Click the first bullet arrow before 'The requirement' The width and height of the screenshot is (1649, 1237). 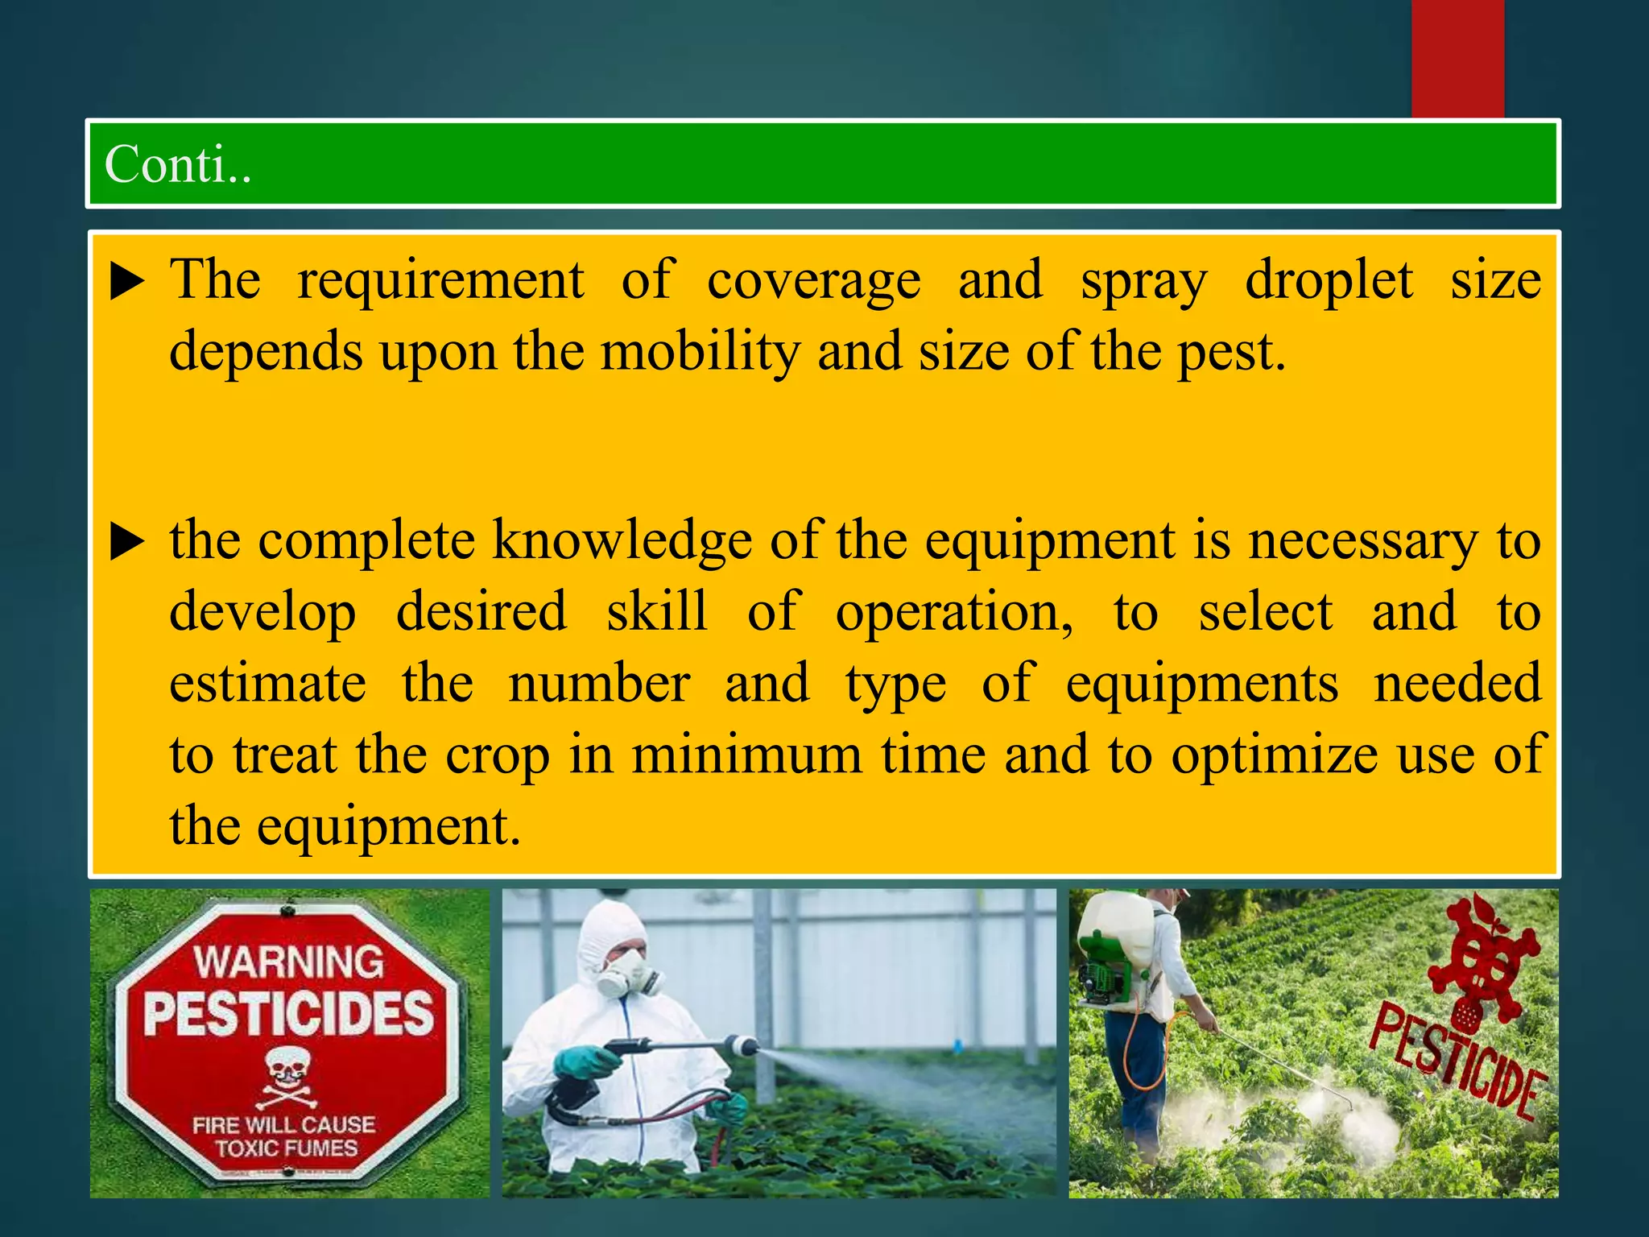click(127, 281)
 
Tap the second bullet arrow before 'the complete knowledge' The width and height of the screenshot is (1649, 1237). click(127, 541)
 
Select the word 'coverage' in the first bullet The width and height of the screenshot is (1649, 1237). click(813, 282)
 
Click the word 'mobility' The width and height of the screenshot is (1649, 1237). click(700, 353)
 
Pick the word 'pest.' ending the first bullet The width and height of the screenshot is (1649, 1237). click(1231, 353)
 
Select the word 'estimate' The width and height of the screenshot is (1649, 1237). click(267, 684)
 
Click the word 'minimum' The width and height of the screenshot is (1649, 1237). click(746, 755)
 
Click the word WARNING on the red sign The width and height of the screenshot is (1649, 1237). click(288, 962)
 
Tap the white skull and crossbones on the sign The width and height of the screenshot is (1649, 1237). click(287, 1075)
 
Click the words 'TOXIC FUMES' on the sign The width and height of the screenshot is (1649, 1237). click(286, 1148)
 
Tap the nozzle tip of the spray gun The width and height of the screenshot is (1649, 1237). click(744, 1046)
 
